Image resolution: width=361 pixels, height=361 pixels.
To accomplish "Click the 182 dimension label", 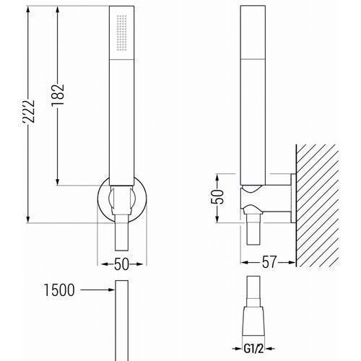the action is coord(58,95).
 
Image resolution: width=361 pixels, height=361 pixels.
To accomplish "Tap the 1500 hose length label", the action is coord(59,290).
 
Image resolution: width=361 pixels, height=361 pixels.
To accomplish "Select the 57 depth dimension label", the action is coord(269,262).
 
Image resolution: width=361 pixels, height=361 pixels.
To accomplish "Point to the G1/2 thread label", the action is coord(253,349).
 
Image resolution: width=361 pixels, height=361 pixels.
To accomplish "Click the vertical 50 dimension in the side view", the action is coord(217,197).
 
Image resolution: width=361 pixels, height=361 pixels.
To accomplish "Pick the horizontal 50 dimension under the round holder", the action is coord(122,264).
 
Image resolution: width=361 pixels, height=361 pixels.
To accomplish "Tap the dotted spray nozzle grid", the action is coord(121,33).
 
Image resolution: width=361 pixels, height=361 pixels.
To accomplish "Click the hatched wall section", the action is coord(318,206).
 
